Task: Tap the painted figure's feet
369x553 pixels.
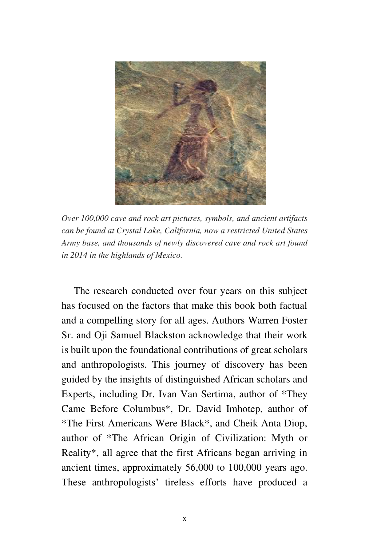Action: tap(194, 172)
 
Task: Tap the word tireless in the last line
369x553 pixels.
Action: tap(180, 483)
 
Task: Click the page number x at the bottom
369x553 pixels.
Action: tap(184, 519)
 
